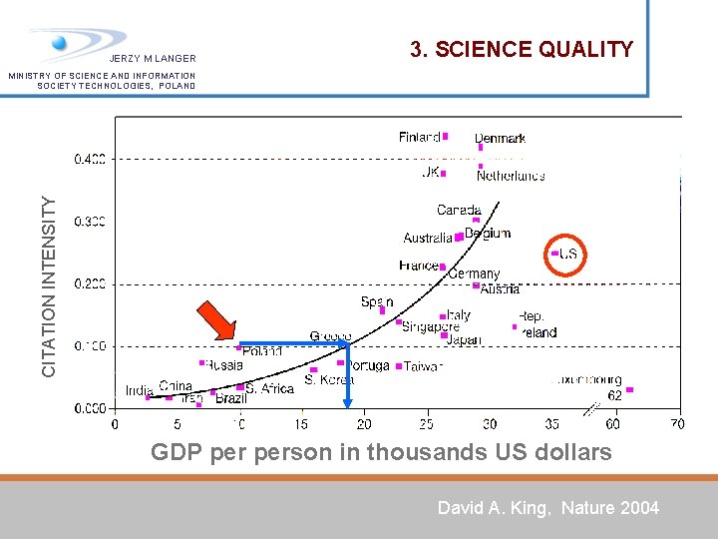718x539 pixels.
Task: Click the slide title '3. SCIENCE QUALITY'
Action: tap(522, 49)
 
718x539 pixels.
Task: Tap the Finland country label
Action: tap(419, 137)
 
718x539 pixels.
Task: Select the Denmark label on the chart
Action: tap(500, 139)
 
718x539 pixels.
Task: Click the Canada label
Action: tap(459, 210)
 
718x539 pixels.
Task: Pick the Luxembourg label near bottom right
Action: tap(587, 380)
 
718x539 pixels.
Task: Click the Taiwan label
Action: tap(423, 366)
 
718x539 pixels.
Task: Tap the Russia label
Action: tap(224, 365)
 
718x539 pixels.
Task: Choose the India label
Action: tap(139, 390)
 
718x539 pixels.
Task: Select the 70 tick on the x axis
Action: tap(678, 424)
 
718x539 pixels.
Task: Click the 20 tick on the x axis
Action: tap(364, 424)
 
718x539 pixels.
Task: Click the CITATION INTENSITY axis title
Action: tap(49, 285)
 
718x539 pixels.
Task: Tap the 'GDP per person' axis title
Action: tap(381, 452)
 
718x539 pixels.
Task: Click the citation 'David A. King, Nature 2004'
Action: tap(548, 508)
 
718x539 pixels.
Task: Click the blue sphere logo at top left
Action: tap(60, 43)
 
